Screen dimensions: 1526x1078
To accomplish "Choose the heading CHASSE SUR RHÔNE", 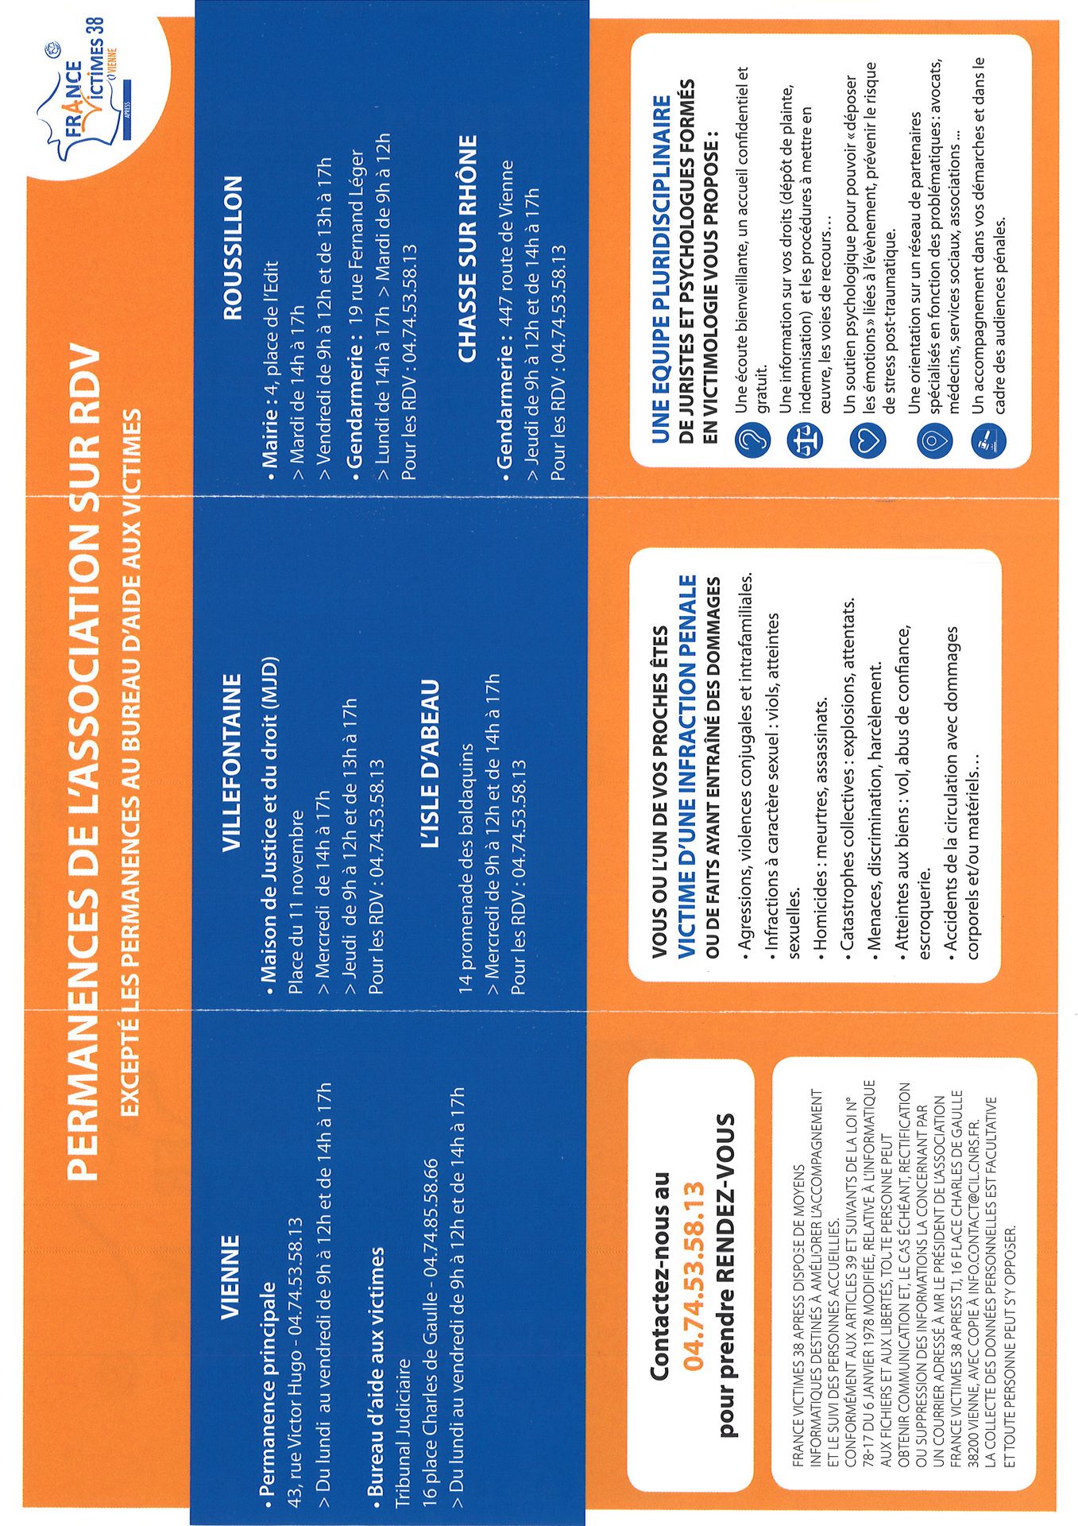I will click(468, 249).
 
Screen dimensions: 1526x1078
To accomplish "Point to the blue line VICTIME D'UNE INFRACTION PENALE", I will click(687, 763).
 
